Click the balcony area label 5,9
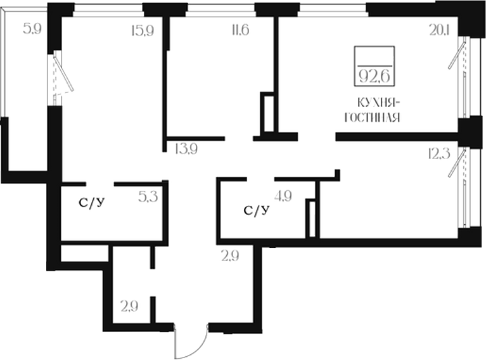point(32,29)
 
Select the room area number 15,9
point(143,30)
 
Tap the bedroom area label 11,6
point(240,30)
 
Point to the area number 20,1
point(439,30)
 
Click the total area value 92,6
point(374,75)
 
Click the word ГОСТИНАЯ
point(372,117)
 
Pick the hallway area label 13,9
point(186,149)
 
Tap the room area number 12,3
point(439,154)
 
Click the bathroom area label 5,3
point(148,196)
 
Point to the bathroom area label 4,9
point(283,196)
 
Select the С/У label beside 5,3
point(92,203)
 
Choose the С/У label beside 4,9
point(257,211)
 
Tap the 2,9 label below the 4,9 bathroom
point(230,256)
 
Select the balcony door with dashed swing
point(63,74)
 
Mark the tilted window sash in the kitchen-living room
point(457,55)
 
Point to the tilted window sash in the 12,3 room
point(457,163)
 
